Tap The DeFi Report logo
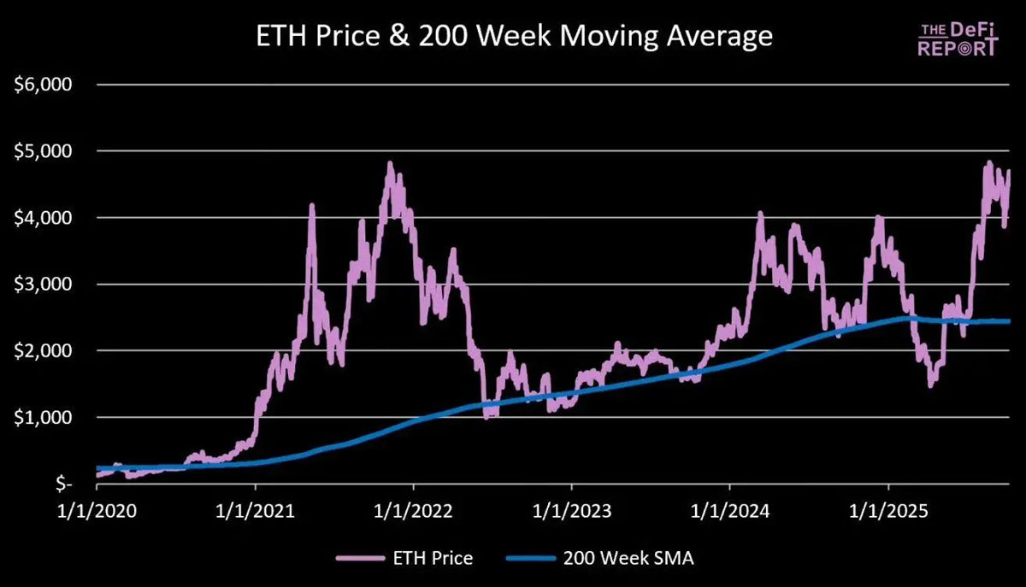(958, 38)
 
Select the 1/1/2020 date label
(97, 513)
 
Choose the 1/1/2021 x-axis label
(255, 513)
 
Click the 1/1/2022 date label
(413, 513)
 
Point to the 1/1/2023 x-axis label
(571, 513)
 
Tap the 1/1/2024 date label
(729, 513)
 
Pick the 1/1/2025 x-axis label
(887, 513)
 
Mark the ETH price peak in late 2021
(390, 163)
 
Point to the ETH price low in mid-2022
(487, 416)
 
